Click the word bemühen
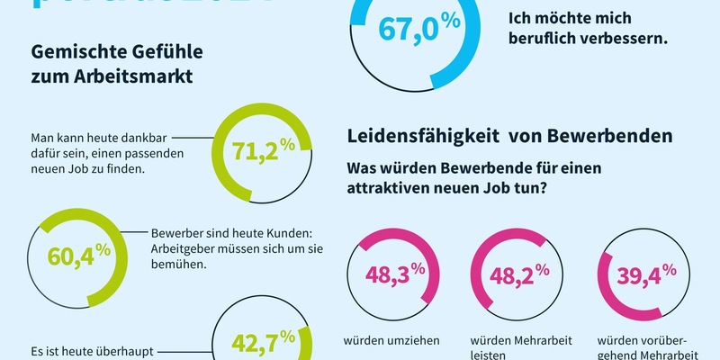(x=178, y=266)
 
